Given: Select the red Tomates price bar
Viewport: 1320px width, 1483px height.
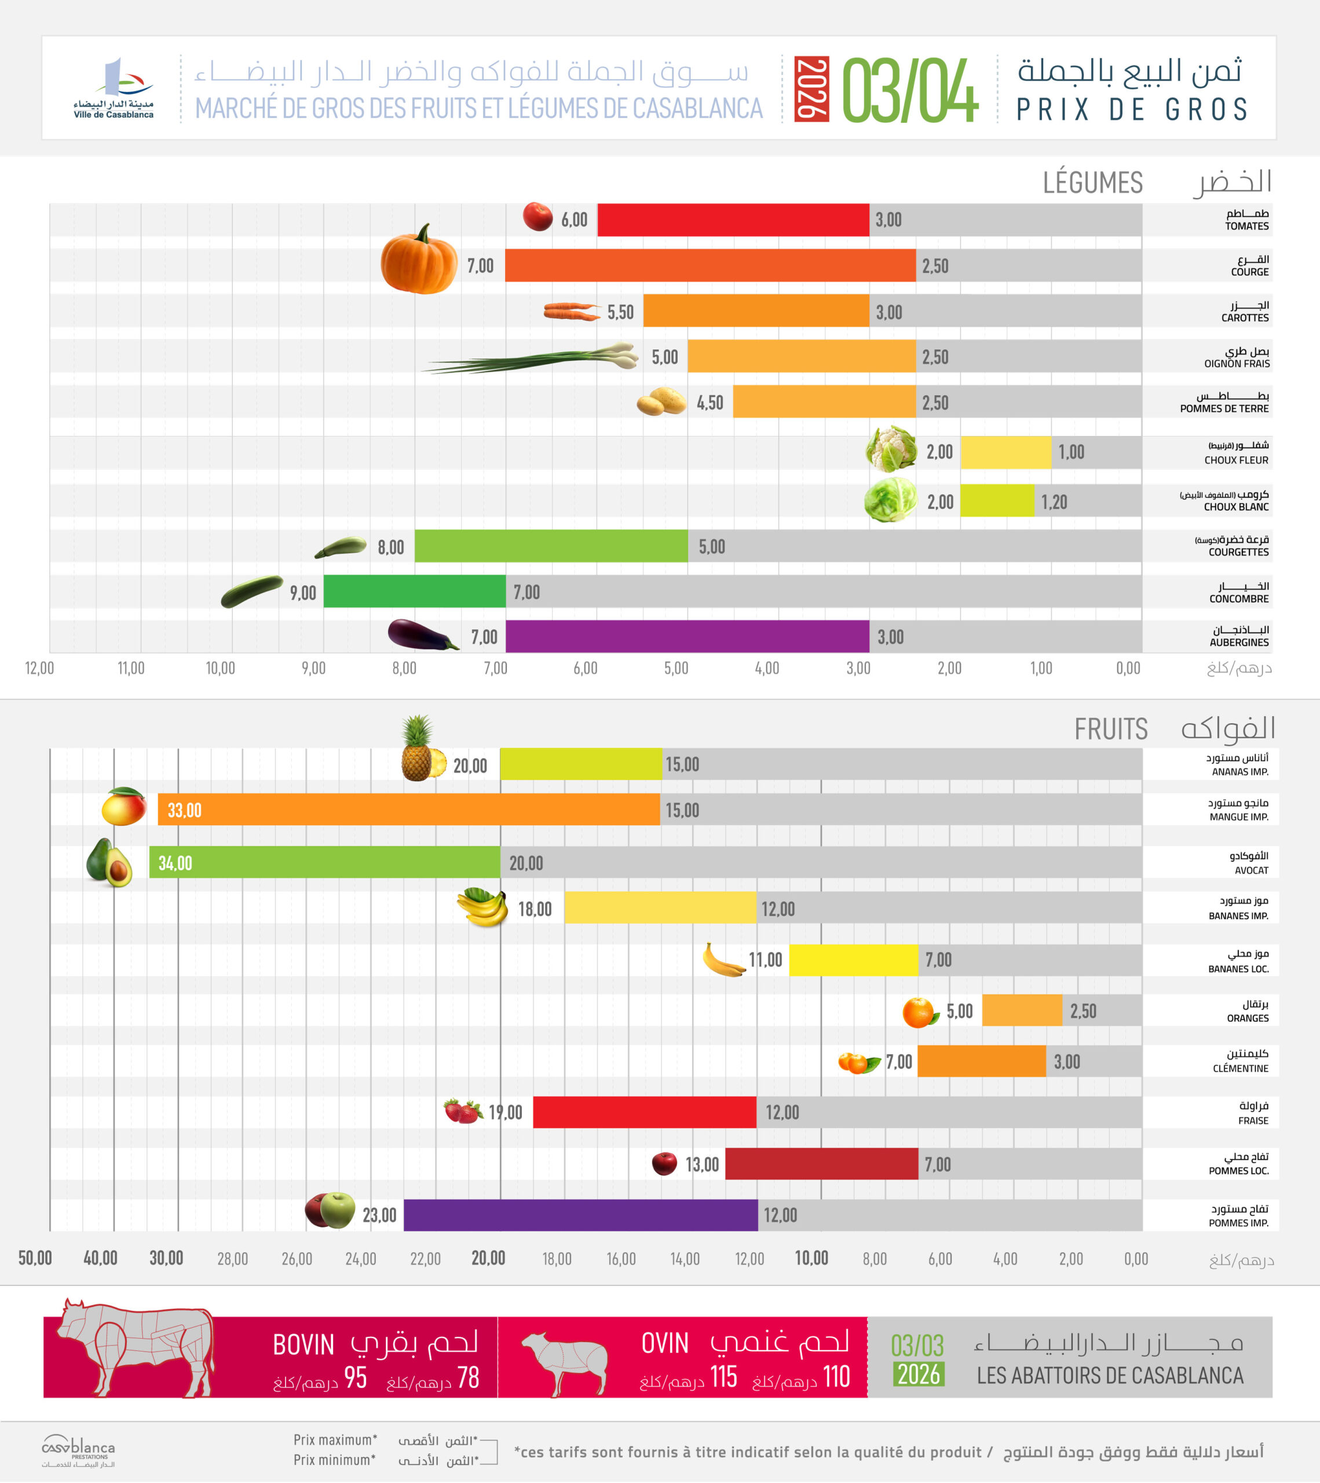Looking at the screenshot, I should click(x=733, y=220).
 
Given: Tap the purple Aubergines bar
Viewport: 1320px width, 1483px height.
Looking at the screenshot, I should click(x=687, y=636).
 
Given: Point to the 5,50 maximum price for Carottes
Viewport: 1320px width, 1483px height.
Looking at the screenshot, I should click(x=620, y=312).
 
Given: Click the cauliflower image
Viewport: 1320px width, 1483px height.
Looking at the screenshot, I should click(x=891, y=449).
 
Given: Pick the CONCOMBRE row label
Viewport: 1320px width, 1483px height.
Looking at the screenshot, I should click(x=1239, y=598).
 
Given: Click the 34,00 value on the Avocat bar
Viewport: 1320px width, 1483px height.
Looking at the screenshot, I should click(x=175, y=863).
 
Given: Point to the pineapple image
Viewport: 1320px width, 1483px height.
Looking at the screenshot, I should click(x=421, y=749).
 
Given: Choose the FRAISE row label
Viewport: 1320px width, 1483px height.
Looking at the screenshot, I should click(x=1253, y=1120).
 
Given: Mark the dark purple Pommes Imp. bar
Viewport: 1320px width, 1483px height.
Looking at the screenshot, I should click(x=580, y=1215).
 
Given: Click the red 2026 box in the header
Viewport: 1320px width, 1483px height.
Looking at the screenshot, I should click(x=811, y=89).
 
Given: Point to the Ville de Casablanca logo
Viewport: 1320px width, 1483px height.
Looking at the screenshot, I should click(x=114, y=89).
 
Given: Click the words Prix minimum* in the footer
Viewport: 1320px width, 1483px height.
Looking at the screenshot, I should click(x=334, y=1460).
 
